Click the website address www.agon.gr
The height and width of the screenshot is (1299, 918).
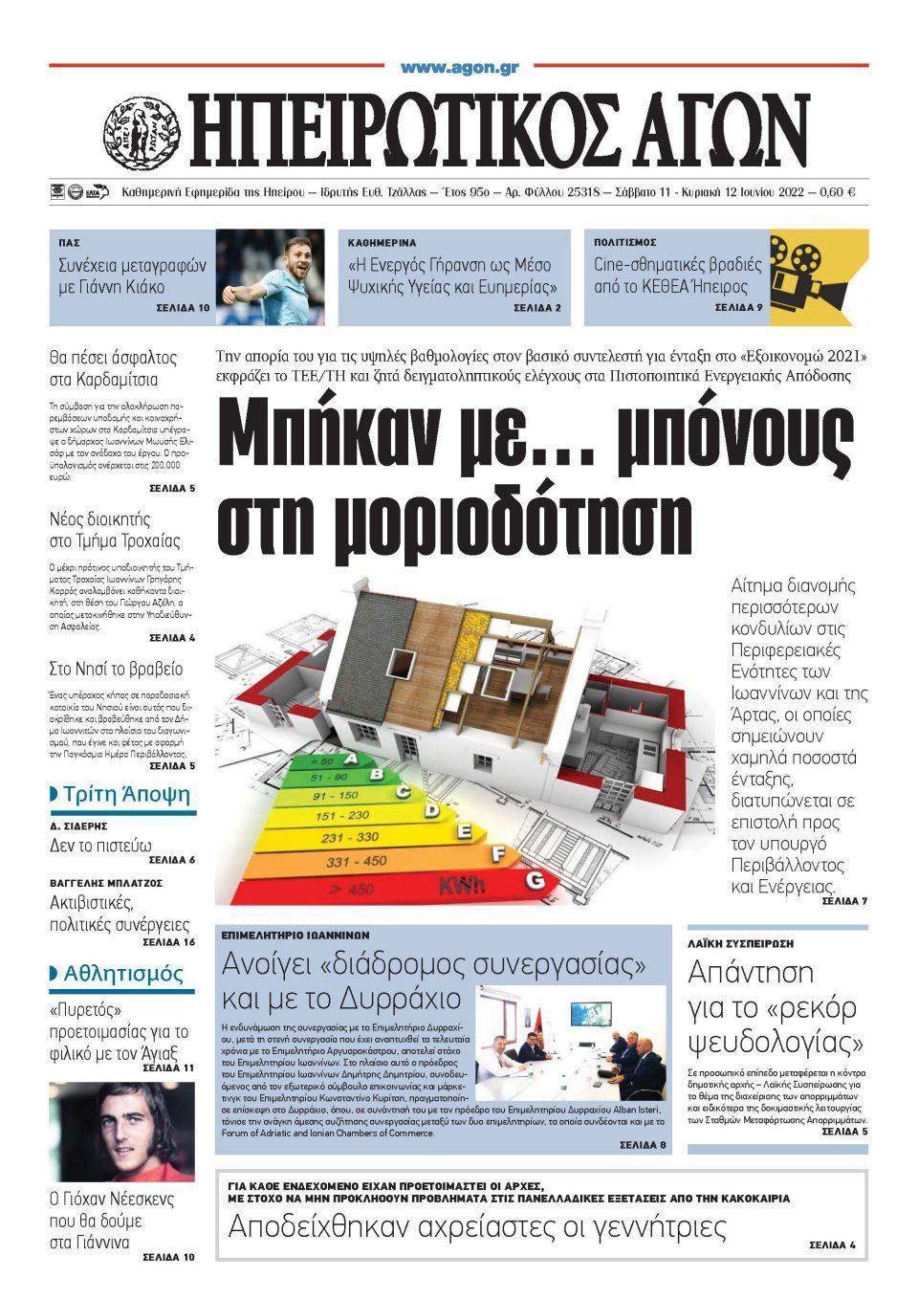459,68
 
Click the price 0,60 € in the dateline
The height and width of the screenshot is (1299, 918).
837,192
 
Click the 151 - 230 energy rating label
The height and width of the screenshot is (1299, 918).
341,816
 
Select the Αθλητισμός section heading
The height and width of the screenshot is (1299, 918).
122,974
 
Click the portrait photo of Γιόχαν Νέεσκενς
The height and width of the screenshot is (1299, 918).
121,1131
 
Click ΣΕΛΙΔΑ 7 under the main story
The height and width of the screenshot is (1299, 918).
843,901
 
